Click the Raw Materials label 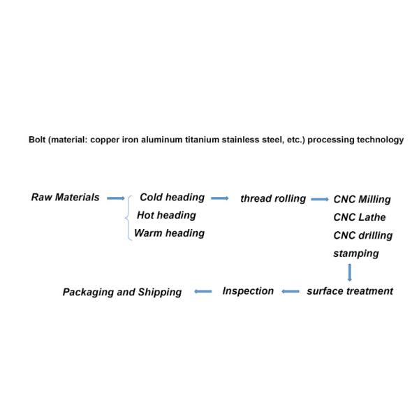coord(66,198)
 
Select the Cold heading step coord(172,198)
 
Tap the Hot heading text coord(166,215)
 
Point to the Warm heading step coord(169,233)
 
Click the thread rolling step coord(273,199)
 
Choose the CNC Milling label coord(362,200)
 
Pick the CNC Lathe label coord(359,217)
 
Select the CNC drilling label coord(362,235)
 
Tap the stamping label coord(355,253)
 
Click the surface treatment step coord(350,291)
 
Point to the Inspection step coord(248,291)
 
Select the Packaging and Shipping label coord(122,293)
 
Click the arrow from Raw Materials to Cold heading coord(115,198)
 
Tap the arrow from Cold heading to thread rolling coord(220,198)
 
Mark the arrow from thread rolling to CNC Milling coord(320,200)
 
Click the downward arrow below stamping coord(349,272)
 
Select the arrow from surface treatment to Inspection coord(291,292)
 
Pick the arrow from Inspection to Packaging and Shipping coord(203,292)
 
